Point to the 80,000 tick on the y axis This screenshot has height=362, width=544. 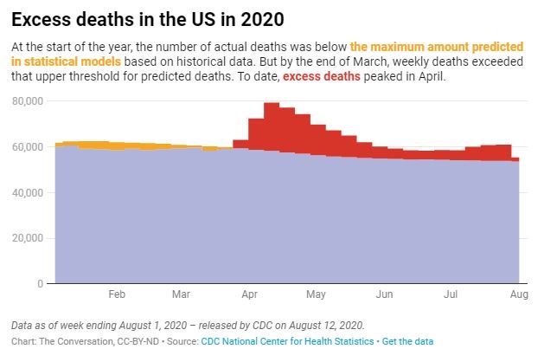tap(31, 101)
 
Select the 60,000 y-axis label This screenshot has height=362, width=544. tap(31, 146)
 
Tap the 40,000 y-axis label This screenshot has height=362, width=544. tap(31, 192)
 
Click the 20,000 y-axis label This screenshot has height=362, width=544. tap(31, 237)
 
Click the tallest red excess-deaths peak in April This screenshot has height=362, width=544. tap(272, 108)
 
